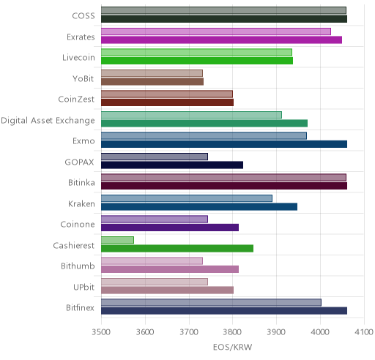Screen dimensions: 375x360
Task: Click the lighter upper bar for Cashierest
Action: [x=117, y=240]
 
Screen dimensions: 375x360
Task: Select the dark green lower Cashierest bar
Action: [x=177, y=249]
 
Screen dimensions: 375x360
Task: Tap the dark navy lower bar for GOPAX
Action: [x=172, y=165]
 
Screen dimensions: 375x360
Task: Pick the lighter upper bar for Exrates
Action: [x=216, y=31]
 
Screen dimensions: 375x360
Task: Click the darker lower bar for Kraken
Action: [x=199, y=207]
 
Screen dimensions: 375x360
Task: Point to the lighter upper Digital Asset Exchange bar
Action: [x=191, y=115]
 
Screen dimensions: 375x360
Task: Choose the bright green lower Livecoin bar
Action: [x=197, y=61]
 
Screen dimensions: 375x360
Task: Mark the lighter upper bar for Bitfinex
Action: [x=211, y=302]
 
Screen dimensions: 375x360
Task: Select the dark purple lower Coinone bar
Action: [x=170, y=228]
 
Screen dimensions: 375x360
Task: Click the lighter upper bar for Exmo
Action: [x=204, y=135]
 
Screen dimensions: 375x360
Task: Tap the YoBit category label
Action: [x=83, y=78]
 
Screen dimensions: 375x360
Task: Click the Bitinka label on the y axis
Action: [x=81, y=183]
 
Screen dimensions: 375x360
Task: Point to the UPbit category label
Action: [x=83, y=287]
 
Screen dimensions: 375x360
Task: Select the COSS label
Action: [x=83, y=16]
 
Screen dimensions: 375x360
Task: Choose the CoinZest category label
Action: [x=76, y=100]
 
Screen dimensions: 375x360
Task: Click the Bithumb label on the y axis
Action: [x=78, y=266]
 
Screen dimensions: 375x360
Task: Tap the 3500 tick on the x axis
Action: [x=101, y=332]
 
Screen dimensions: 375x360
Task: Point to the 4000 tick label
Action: [x=320, y=332]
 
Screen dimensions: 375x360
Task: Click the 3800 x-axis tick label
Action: [x=233, y=332]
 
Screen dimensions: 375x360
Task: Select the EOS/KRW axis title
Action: [x=232, y=347]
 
